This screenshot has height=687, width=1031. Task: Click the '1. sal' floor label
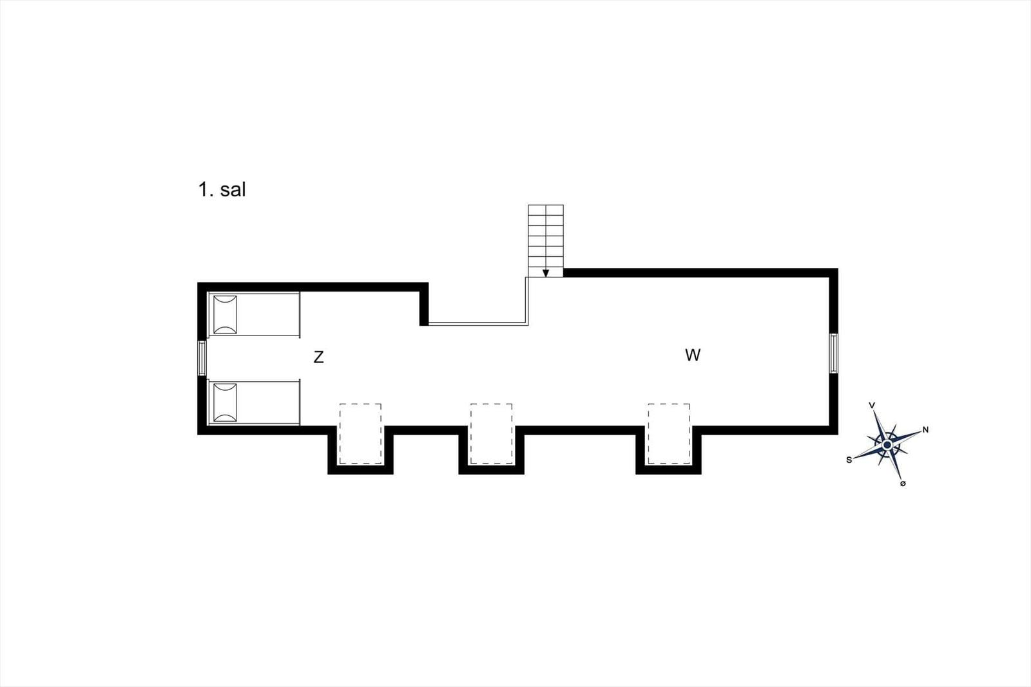222,189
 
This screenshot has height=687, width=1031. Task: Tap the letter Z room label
318,357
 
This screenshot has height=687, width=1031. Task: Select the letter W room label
693,355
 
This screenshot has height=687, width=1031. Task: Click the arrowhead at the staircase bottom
545,273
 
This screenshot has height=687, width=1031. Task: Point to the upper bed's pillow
226,315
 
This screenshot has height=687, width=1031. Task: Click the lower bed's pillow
226,403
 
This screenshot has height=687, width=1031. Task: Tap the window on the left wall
202,358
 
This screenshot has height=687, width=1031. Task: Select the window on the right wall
834,353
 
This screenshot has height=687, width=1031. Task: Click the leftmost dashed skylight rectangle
360,433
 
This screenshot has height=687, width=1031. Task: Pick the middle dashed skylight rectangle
491,433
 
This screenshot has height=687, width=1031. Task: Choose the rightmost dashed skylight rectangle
669,433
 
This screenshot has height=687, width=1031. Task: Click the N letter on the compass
925,430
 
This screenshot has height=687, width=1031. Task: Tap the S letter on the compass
849,460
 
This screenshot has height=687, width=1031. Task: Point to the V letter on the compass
872,405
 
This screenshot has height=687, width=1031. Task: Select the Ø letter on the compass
903,484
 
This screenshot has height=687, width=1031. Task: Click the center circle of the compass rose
887,445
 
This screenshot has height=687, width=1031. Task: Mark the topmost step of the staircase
546,210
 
